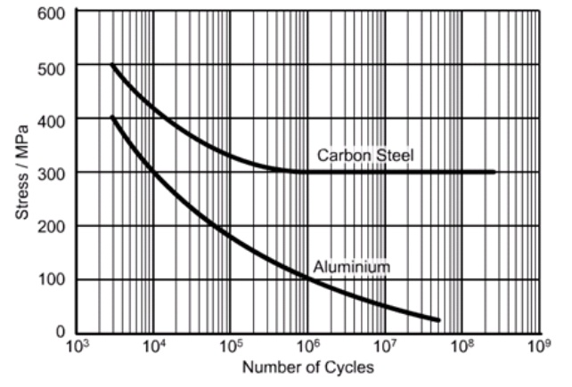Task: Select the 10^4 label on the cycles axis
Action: coord(153,346)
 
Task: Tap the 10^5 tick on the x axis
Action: coord(231,346)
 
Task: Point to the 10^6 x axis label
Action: coord(308,346)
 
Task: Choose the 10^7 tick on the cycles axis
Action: coord(386,346)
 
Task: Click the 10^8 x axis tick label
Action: coord(462,346)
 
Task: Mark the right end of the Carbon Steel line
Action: coord(494,172)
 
